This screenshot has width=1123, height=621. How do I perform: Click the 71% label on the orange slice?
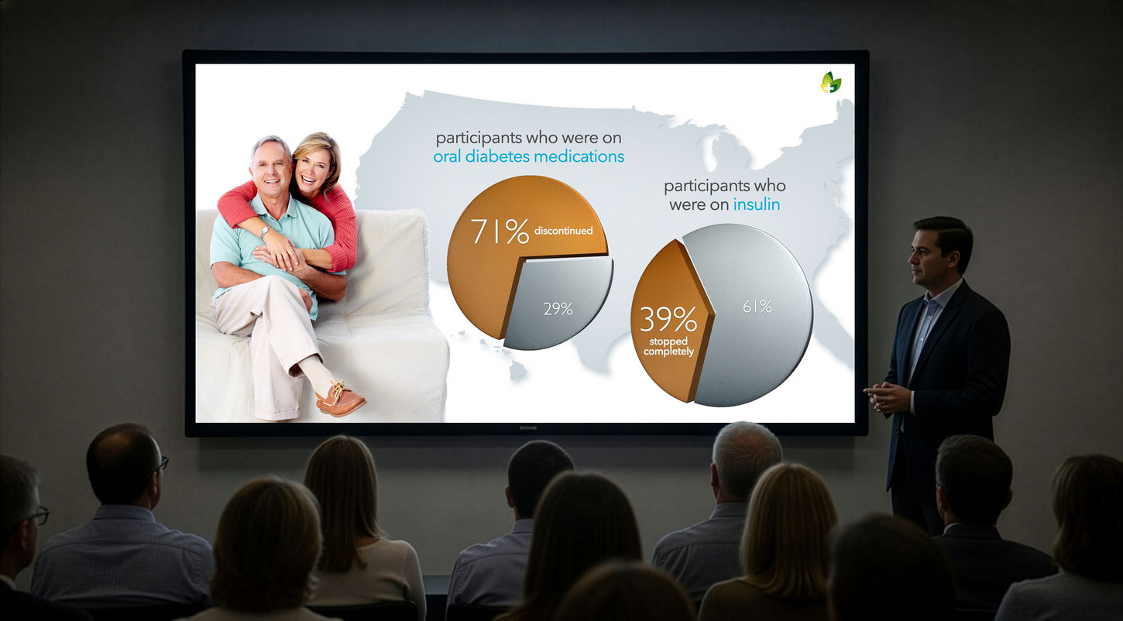click(500, 231)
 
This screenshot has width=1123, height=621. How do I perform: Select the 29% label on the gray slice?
click(558, 309)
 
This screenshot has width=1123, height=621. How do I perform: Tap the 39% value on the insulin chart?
click(668, 319)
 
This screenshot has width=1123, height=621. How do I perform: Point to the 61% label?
click(757, 307)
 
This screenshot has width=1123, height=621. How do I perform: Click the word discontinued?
click(564, 231)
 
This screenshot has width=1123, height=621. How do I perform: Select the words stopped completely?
click(669, 347)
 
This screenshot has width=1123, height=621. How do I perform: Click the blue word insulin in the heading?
click(757, 204)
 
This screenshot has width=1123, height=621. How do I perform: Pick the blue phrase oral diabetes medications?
click(528, 156)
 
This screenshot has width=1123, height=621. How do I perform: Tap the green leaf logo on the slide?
click(831, 82)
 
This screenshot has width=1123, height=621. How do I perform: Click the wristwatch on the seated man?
click(264, 231)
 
